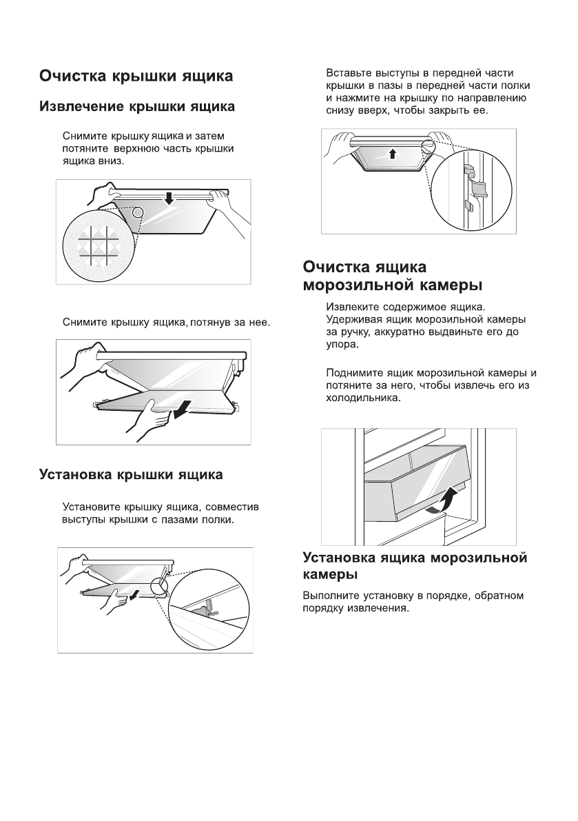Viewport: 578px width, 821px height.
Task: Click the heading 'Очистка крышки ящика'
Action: pos(136,76)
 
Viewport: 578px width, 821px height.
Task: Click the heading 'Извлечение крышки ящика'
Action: pos(137,107)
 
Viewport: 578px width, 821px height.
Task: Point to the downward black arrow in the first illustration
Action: pos(169,199)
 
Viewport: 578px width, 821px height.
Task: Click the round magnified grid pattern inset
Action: pos(91,243)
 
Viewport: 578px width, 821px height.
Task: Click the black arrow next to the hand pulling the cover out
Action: pos(180,412)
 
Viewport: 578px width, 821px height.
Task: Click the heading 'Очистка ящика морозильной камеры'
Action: pos(393,276)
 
